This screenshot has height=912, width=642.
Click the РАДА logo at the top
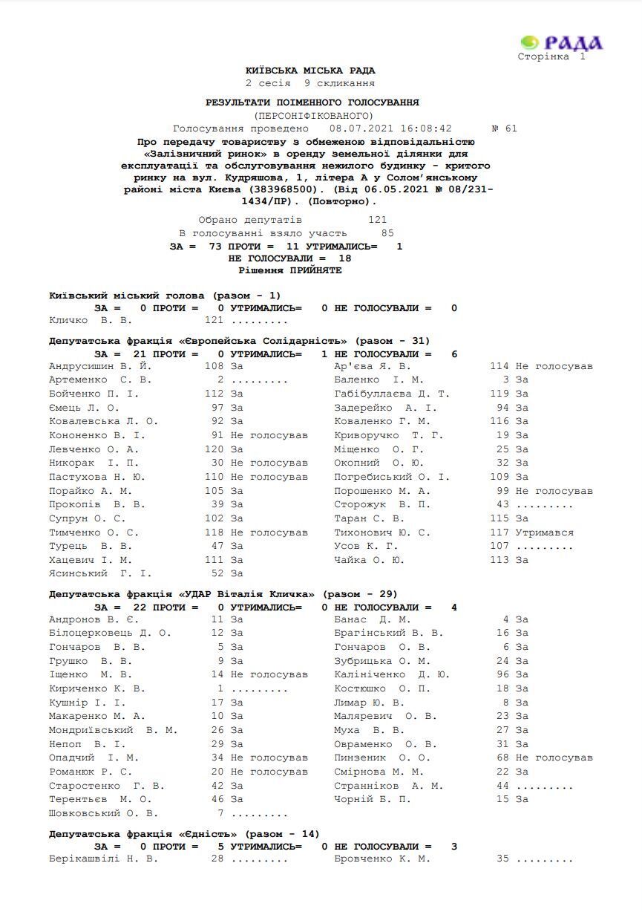click(562, 43)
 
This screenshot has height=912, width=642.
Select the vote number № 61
click(505, 128)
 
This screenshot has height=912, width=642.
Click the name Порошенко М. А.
click(382, 491)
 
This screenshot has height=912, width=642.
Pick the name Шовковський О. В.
click(104, 813)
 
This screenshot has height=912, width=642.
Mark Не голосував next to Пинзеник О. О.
click(554, 758)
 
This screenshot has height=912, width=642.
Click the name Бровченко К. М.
click(382, 859)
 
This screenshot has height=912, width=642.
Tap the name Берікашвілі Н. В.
click(104, 859)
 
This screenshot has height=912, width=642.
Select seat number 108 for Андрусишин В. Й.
click(214, 366)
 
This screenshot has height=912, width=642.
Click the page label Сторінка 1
click(551, 57)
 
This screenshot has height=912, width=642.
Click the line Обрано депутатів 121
click(292, 220)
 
